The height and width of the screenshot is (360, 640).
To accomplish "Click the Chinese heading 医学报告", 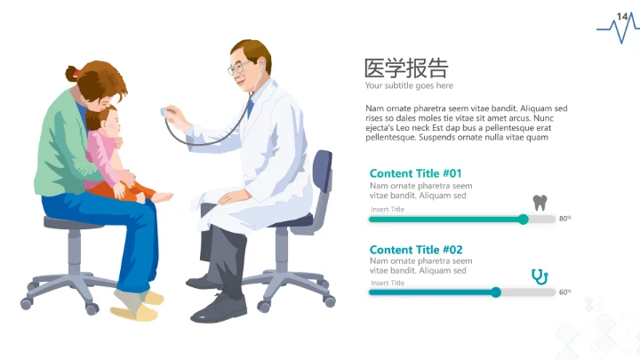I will [x=406, y=68].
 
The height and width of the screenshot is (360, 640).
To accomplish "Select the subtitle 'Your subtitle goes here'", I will [x=408, y=86].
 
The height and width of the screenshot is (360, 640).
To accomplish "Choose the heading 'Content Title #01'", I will [x=415, y=173].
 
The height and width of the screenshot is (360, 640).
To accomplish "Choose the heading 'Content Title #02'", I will [x=415, y=250].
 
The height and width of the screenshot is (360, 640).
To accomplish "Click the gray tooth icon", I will [x=539, y=202].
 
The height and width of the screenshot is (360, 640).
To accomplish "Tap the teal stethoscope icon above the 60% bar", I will [x=539, y=276].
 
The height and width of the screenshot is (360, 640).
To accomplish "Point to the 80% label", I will [x=564, y=218].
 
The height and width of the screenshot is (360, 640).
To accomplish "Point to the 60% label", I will [x=564, y=292].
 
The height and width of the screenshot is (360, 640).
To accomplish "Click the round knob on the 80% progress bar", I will [x=524, y=219].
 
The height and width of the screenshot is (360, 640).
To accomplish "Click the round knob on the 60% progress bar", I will [x=496, y=292].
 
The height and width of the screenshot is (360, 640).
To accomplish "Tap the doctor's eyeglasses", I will [x=236, y=68].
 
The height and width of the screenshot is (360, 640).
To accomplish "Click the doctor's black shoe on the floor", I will [x=218, y=308].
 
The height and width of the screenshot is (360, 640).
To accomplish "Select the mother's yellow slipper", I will [x=134, y=312].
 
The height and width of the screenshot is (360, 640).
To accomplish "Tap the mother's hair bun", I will [x=72, y=74].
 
